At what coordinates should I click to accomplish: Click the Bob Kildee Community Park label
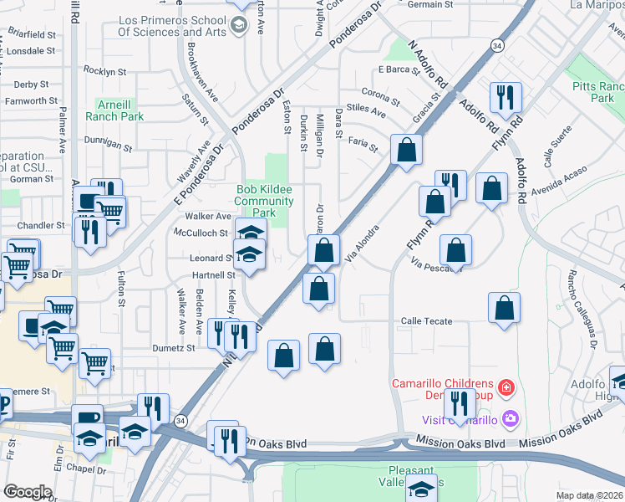point(263,202)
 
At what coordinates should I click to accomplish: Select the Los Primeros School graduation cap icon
point(239,25)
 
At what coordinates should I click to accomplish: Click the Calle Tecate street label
point(426,321)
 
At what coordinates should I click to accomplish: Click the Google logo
point(27,492)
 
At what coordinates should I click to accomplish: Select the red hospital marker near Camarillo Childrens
point(505,387)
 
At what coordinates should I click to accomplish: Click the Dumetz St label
point(173,348)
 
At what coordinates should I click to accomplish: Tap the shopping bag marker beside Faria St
point(406,151)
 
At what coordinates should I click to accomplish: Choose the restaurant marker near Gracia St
point(505,97)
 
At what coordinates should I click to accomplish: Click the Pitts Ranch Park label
point(597,92)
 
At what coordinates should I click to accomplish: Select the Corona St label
point(380,92)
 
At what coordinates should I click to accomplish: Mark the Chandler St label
point(41,226)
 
